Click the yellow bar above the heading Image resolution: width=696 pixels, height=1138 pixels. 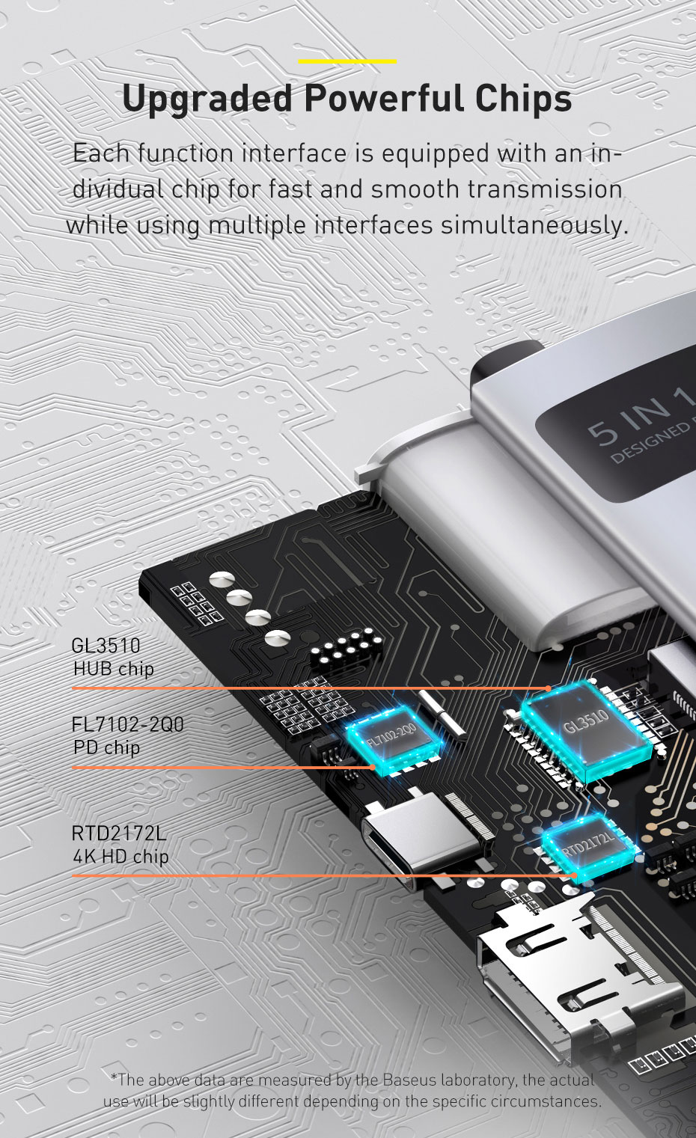click(347, 61)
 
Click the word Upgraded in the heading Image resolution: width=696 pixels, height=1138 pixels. click(207, 99)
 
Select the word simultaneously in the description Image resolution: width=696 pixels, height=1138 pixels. click(534, 225)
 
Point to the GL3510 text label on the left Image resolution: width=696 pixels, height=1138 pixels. click(106, 646)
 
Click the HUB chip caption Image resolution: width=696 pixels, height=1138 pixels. click(113, 669)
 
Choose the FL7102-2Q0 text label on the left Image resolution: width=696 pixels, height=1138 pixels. click(127, 724)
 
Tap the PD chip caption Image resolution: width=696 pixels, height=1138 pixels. click(106, 748)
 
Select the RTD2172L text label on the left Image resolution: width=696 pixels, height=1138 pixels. click(119, 833)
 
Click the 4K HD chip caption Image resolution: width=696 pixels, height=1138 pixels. click(121, 857)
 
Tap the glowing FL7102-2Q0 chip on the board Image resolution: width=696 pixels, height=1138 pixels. click(393, 739)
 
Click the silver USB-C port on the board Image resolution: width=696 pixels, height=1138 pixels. click(419, 841)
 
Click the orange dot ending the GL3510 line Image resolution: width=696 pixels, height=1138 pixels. click(548, 688)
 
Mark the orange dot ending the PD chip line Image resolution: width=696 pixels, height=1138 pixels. click(373, 767)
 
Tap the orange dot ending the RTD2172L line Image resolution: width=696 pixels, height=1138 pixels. click(574, 875)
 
